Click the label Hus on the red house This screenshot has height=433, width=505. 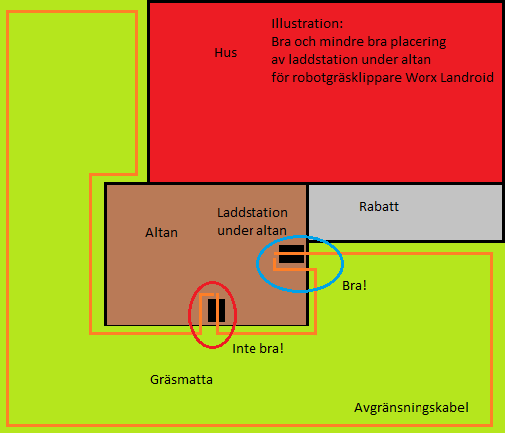coord(226,53)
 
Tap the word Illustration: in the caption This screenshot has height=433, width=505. coord(307,24)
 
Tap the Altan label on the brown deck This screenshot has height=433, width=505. coord(161,233)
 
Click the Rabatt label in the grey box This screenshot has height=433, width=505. coord(379,207)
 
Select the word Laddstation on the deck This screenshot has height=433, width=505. coord(252,213)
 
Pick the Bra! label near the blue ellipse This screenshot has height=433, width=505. coord(354,286)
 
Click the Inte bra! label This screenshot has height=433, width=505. coord(257,349)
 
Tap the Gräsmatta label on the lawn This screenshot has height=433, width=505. coord(181,380)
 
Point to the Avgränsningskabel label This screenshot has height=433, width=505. coord(412,408)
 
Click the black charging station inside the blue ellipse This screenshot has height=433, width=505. coord(291,254)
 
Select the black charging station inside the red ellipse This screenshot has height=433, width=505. coord(216,310)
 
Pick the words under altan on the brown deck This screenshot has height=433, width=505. coord(252,231)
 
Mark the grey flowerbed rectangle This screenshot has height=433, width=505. coord(406,212)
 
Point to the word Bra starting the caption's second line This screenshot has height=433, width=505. coord(281,42)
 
